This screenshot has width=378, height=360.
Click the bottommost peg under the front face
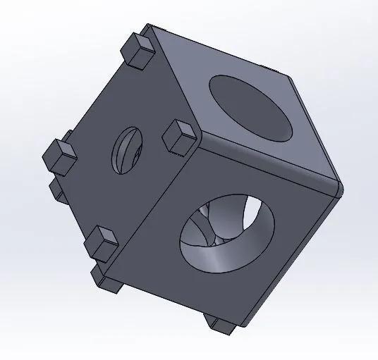coord(221,323)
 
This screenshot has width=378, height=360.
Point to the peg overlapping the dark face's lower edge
coord(103,243)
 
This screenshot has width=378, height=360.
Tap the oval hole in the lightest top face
coord(250,106)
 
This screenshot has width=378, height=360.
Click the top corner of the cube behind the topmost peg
coord(150,30)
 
